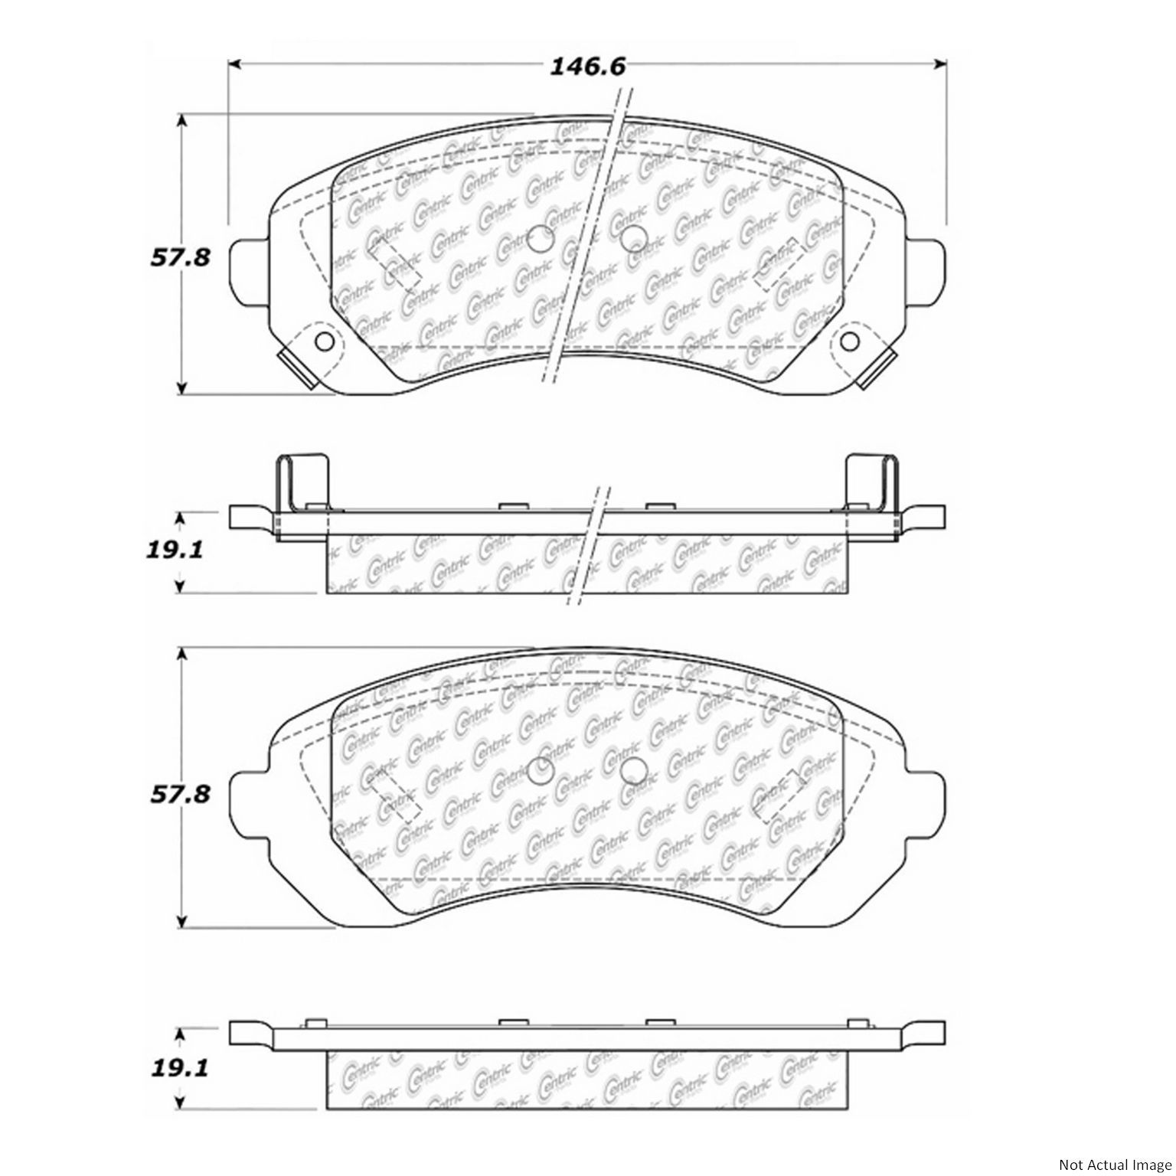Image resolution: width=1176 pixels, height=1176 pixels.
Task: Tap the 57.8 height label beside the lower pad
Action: tap(179, 794)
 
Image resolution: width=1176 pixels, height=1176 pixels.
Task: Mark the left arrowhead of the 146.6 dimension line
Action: tap(235, 64)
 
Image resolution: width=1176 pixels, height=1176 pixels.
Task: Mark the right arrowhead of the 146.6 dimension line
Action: tap(941, 64)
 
